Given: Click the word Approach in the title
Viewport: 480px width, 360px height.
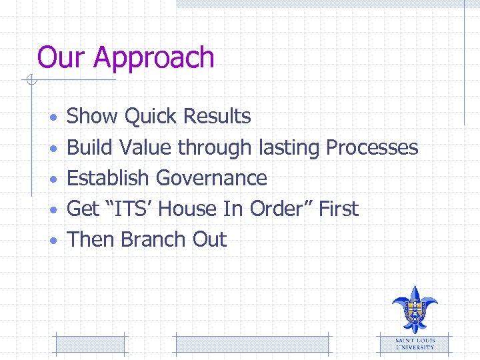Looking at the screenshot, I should [x=154, y=59].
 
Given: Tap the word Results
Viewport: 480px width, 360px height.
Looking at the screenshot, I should [x=217, y=116].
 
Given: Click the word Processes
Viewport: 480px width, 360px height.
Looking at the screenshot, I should [x=372, y=147].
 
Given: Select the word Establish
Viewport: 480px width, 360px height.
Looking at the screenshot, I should [x=108, y=178].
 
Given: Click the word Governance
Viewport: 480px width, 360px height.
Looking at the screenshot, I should [x=211, y=178].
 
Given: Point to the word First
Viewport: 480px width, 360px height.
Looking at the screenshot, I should [x=338, y=209].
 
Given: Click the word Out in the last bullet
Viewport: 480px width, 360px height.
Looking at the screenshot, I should [x=210, y=240].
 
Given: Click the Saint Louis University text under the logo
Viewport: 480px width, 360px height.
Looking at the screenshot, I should [x=415, y=343].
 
